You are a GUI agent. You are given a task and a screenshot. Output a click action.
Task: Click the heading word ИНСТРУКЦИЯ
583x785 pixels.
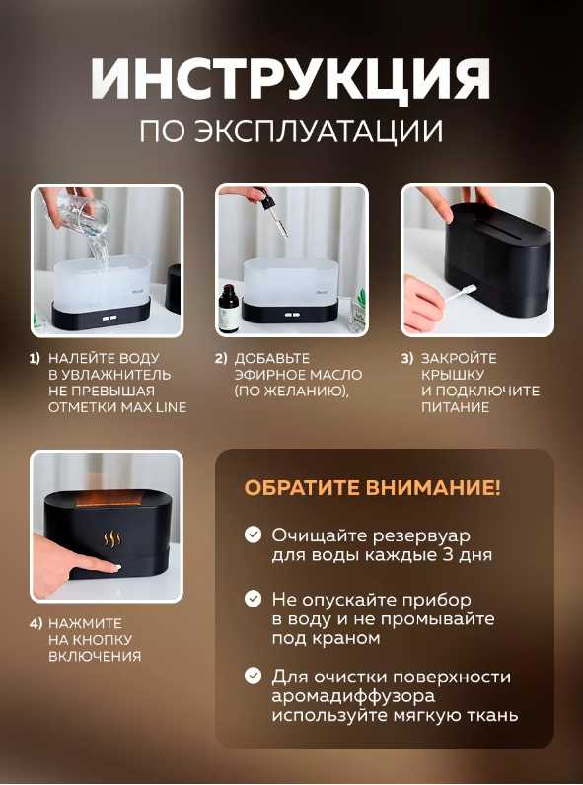291,80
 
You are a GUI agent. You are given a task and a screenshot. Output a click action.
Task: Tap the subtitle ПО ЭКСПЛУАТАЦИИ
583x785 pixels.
291,131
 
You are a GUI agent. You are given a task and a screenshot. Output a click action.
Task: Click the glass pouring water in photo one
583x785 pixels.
73,214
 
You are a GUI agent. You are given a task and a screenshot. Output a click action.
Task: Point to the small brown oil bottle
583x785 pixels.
230,308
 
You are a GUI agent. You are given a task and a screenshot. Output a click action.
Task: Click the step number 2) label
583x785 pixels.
221,358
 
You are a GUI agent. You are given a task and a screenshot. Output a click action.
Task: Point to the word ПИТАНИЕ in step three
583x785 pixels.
455,407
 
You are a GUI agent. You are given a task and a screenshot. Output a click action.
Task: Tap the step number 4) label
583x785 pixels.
36,623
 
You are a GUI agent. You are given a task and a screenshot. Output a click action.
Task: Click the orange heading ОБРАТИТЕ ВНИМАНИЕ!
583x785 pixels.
372,487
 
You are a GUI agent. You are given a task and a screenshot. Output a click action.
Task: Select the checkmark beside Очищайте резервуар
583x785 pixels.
254,535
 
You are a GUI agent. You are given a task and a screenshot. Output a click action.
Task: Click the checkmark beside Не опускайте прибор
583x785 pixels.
254,599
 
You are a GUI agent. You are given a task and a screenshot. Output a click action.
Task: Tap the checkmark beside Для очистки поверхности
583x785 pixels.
254,676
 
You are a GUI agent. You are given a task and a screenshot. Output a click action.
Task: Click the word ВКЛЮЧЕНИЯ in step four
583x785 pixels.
95,656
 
